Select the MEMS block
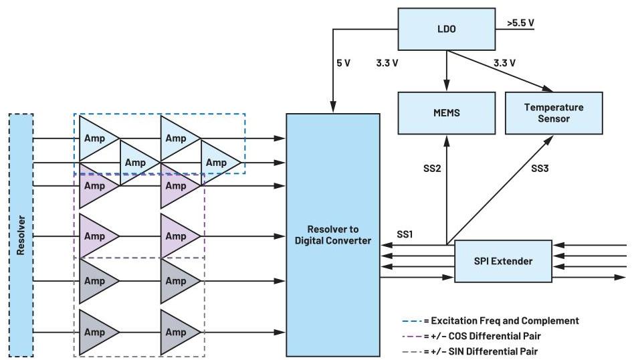pos(443,112)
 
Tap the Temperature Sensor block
pos(553,112)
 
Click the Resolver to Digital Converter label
pos(332,235)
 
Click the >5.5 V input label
pos(520,23)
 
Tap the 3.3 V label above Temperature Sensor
pos(504,64)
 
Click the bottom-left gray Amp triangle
pos(96,332)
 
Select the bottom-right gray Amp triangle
pos(177,332)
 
